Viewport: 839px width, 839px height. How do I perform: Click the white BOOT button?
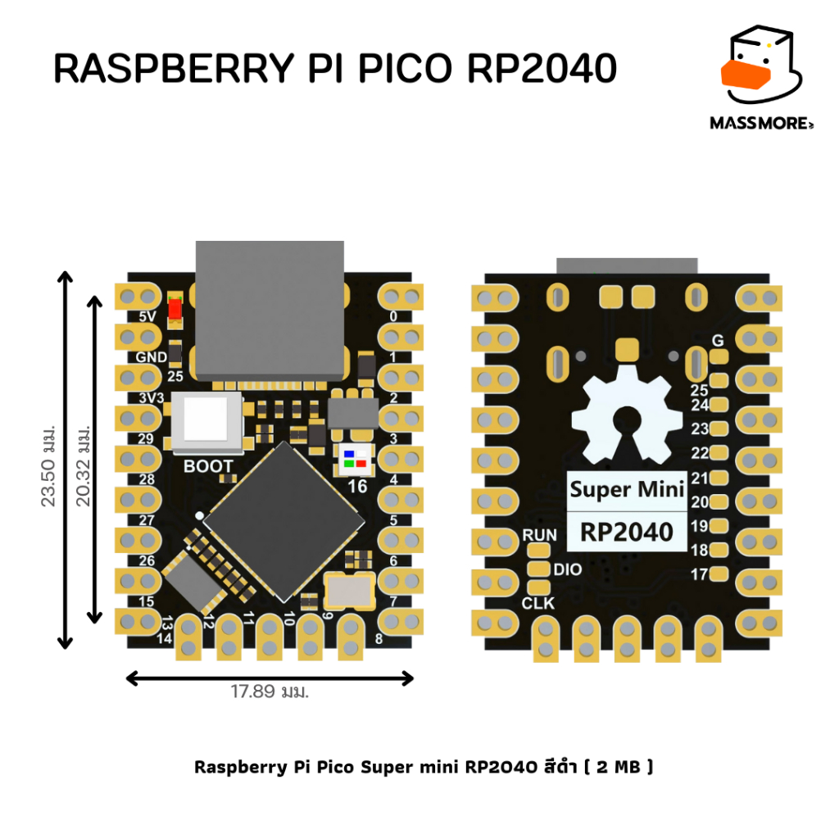[x=206, y=421]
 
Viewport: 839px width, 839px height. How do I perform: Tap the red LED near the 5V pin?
[x=174, y=309]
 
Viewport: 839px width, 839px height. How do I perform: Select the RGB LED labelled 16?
[x=355, y=460]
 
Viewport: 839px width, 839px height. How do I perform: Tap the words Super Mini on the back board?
[x=627, y=490]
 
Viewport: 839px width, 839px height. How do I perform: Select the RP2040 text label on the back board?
[x=627, y=532]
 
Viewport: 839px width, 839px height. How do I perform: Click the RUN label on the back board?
[x=539, y=535]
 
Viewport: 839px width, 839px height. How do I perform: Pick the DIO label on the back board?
[x=568, y=569]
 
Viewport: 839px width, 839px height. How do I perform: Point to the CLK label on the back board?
[x=538, y=603]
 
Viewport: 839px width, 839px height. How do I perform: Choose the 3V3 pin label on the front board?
[x=152, y=398]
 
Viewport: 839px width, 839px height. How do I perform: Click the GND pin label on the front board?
[x=152, y=357]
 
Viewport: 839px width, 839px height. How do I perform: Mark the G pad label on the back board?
[x=719, y=339]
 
